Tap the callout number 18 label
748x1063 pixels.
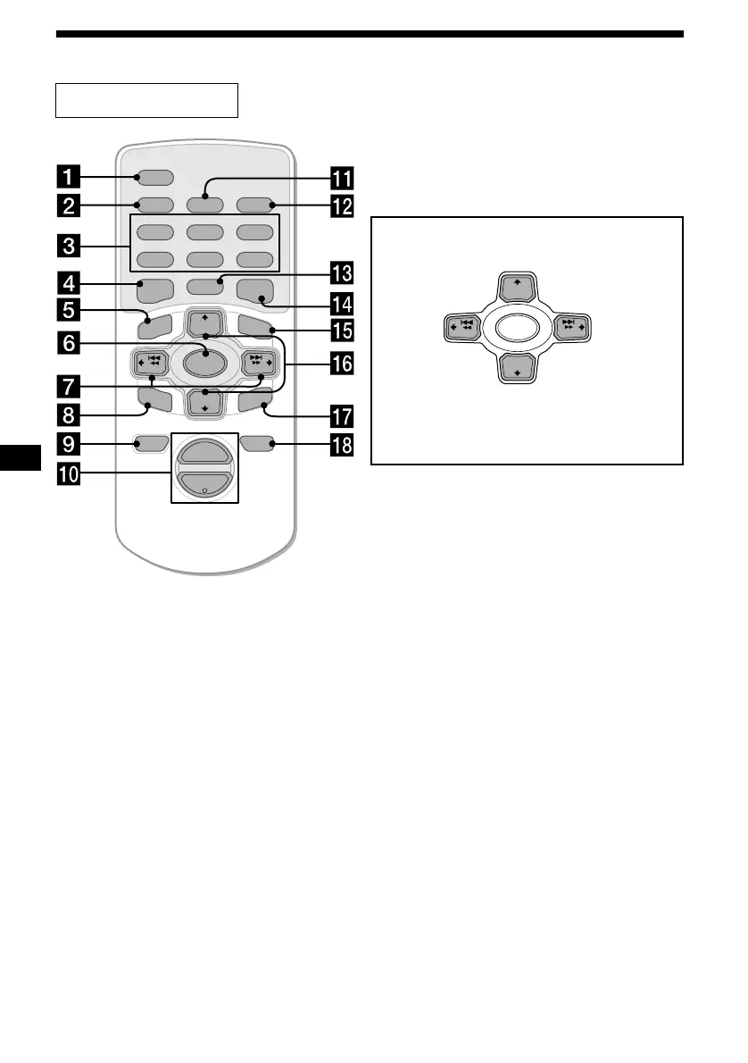click(342, 445)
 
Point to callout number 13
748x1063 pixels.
click(342, 272)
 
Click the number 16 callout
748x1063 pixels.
click(342, 363)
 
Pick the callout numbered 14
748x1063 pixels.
click(342, 300)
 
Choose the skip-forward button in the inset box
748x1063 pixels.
click(574, 326)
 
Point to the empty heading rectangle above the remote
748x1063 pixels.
click(147, 100)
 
